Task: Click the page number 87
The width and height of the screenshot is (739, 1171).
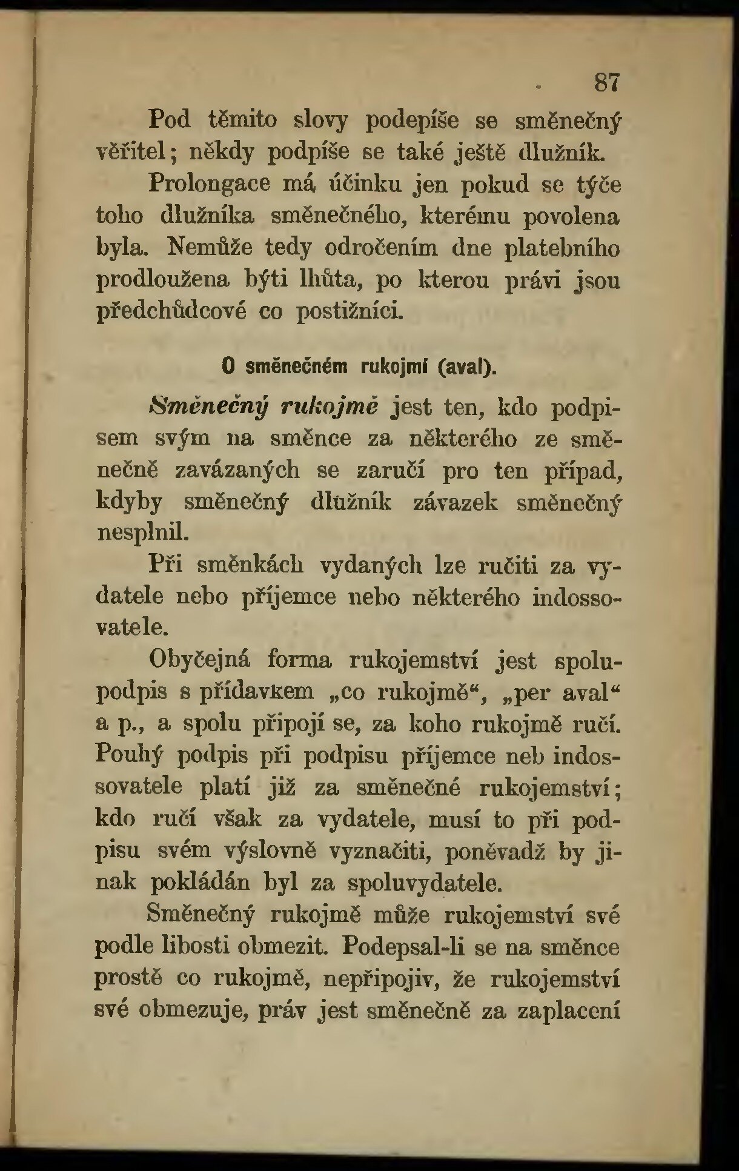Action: click(x=608, y=82)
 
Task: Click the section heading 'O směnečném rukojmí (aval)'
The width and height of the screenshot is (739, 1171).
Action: click(x=360, y=367)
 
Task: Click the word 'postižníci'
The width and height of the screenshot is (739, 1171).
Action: click(x=348, y=313)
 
